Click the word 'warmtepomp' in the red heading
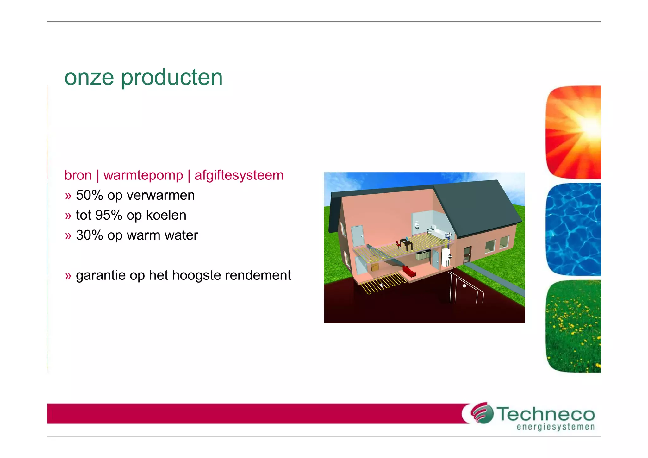pos(143,175)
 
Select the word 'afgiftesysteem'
pos(239,175)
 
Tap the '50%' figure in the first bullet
pos(90,195)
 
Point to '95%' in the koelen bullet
pos(109,215)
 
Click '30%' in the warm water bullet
pos(90,235)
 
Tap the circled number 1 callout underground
pos(464,286)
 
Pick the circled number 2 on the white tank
pos(450,256)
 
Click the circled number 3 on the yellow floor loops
pos(382,285)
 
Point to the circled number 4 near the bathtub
pos(449,235)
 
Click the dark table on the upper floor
pos(406,244)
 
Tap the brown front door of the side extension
pos(467,255)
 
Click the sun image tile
pos(573,132)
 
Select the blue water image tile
pos(573,229)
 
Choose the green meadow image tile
pos(573,326)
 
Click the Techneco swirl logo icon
pos(482,413)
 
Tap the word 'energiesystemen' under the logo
pos(556,427)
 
